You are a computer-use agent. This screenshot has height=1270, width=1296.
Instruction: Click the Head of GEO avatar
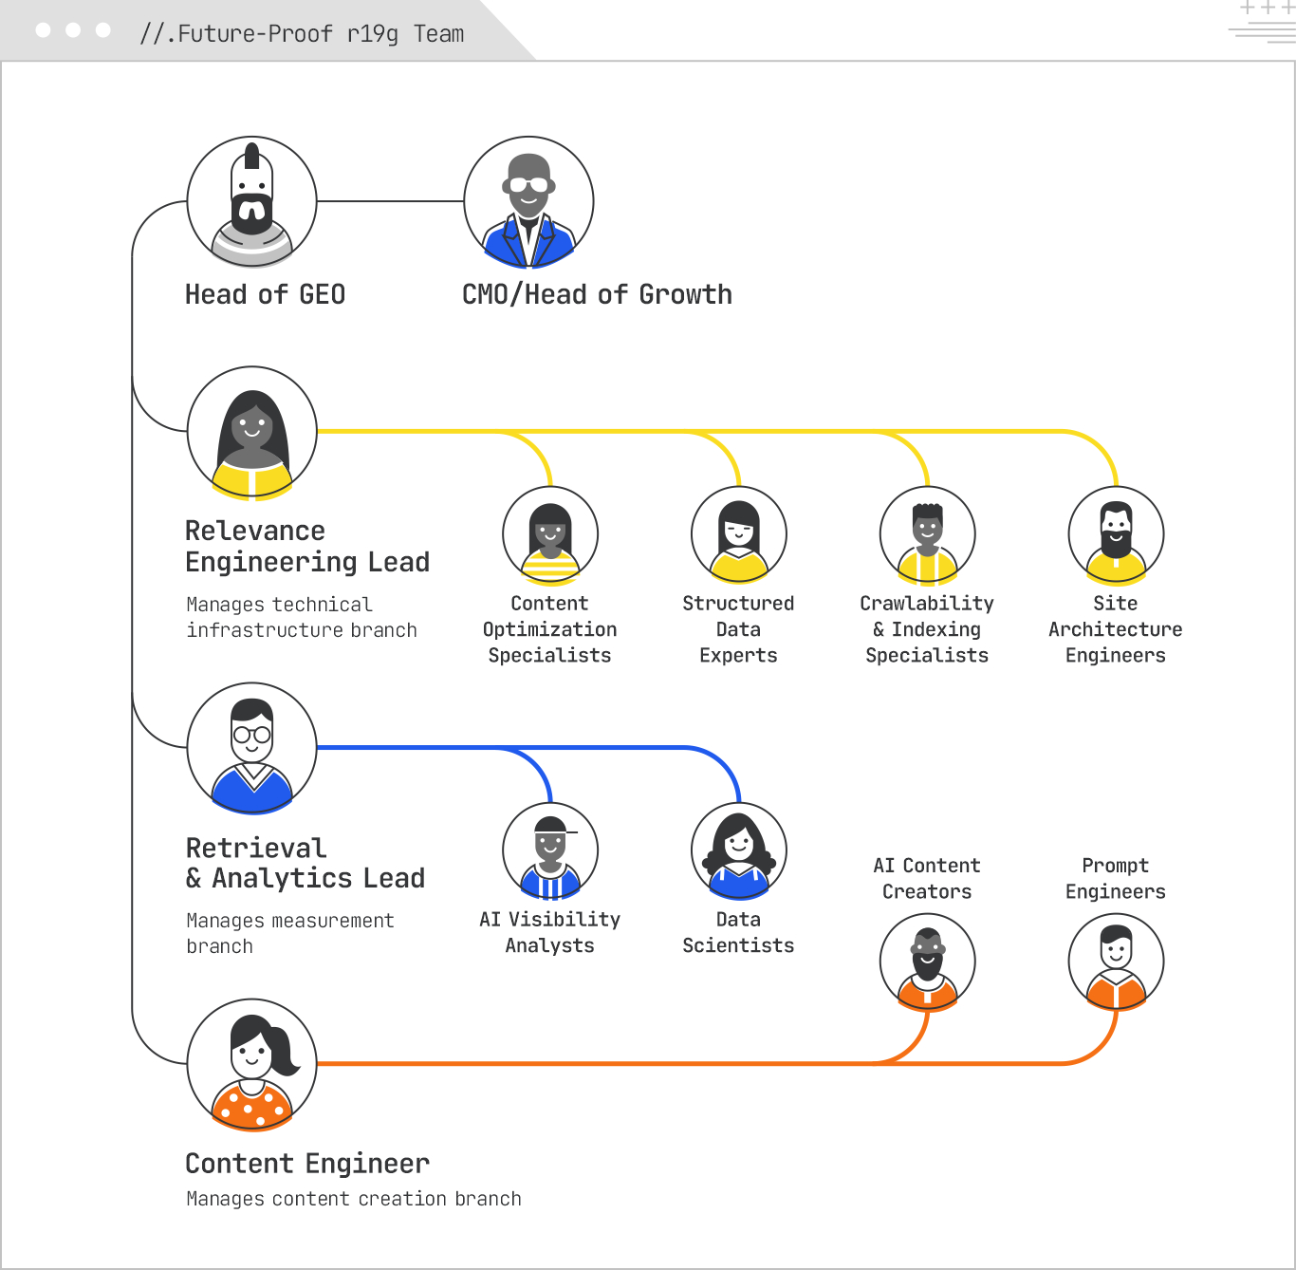click(x=251, y=201)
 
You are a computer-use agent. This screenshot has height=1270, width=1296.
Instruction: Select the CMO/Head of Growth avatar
click(x=528, y=201)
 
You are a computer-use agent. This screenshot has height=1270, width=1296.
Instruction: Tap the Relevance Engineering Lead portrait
click(x=251, y=432)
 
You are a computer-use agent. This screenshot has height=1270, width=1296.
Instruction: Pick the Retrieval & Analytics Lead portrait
click(x=251, y=748)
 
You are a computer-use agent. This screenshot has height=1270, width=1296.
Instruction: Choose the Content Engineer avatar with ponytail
click(x=251, y=1064)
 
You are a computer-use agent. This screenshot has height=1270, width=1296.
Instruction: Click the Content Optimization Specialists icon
click(x=550, y=534)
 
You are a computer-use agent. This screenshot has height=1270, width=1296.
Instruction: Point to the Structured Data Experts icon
click(x=738, y=534)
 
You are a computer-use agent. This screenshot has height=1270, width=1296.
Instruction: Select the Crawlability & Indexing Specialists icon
click(x=927, y=534)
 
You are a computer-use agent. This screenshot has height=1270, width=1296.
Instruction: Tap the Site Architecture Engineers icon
click(x=1116, y=534)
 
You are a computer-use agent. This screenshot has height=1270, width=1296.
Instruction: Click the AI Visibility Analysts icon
click(x=550, y=850)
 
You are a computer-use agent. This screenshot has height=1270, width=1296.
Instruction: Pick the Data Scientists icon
click(x=738, y=850)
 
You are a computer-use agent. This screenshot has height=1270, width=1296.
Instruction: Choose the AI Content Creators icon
click(x=927, y=962)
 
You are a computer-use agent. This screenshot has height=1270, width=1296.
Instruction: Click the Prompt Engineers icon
click(x=1116, y=962)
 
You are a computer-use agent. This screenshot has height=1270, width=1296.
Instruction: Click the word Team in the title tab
click(x=438, y=34)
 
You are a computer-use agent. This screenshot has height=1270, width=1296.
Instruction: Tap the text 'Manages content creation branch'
click(x=353, y=1199)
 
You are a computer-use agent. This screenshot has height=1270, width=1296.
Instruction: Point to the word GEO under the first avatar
click(x=322, y=295)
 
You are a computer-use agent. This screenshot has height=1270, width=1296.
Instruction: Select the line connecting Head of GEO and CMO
click(x=390, y=201)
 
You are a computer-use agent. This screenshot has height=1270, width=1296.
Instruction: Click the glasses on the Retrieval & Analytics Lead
click(x=251, y=735)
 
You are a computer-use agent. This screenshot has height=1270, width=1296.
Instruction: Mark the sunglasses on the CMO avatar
click(x=528, y=185)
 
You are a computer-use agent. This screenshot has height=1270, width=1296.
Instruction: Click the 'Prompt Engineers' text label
click(x=1116, y=878)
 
